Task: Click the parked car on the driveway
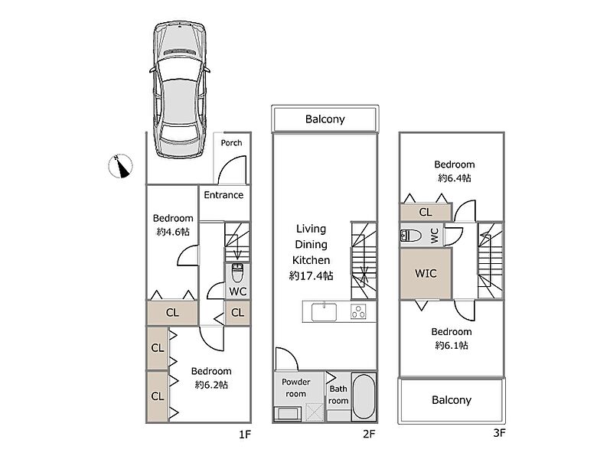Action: click(x=179, y=88)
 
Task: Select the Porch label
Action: click(x=231, y=143)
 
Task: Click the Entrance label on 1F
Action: click(x=223, y=195)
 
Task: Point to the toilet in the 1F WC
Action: click(x=237, y=272)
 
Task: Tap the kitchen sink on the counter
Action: click(x=324, y=311)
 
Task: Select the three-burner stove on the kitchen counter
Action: click(x=358, y=311)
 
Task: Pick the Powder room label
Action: click(x=295, y=388)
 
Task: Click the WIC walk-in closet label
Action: click(x=426, y=273)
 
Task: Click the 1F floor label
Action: click(x=245, y=435)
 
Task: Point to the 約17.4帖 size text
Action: click(x=312, y=275)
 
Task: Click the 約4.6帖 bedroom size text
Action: click(x=173, y=231)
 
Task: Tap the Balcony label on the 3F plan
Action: click(x=452, y=400)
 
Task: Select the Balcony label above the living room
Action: click(x=325, y=119)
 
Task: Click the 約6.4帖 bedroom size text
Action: click(x=455, y=177)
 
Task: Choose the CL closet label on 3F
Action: click(x=426, y=212)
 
